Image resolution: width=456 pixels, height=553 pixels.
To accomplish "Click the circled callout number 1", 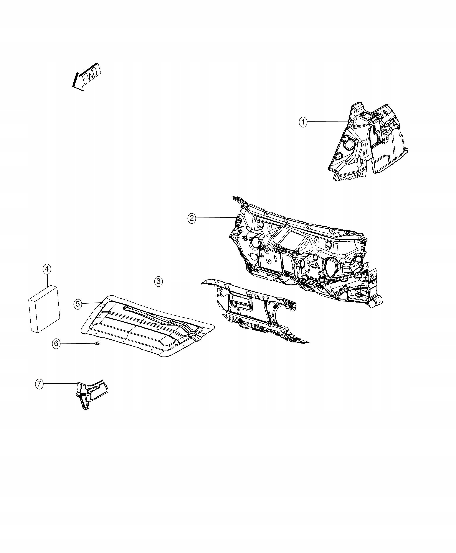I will tap(303, 122).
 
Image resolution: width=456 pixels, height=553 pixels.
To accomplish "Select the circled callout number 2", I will tap(192, 218).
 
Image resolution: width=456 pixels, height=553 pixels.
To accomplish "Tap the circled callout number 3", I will tap(158, 281).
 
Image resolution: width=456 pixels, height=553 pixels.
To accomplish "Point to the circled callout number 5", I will tap(78, 304).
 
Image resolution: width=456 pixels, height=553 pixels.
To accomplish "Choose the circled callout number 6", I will tap(56, 344).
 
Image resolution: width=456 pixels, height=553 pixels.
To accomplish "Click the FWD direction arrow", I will tap(87, 77).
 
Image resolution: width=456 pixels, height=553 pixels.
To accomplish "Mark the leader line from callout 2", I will tap(215, 218).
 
